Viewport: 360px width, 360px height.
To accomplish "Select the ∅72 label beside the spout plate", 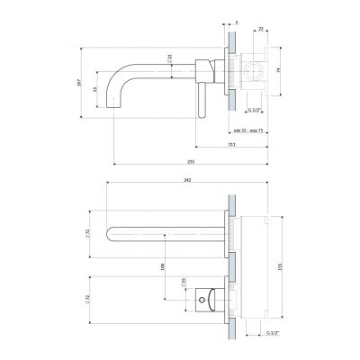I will coord(87,234).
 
